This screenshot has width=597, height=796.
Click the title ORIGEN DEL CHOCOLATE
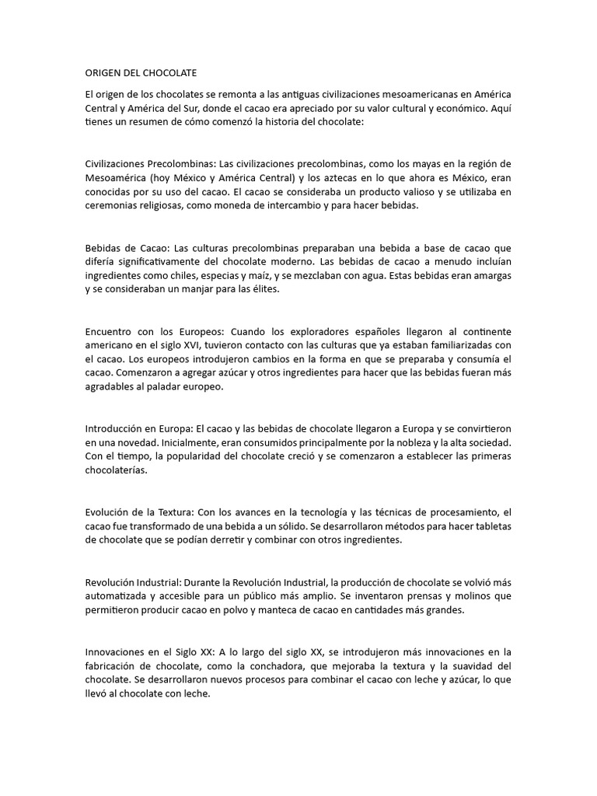click(141, 73)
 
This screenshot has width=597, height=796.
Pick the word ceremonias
click(113, 206)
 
